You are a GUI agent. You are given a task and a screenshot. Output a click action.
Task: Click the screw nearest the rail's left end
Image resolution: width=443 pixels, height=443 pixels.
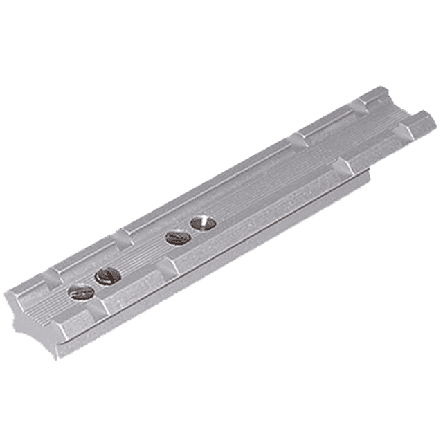tap(80, 293)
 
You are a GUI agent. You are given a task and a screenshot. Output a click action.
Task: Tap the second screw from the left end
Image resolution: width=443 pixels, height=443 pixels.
tap(108, 277)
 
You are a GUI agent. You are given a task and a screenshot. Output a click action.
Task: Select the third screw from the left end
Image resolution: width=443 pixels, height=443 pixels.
tap(178, 238)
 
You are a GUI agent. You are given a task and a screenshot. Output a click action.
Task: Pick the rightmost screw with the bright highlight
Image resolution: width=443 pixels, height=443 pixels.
tap(203, 223)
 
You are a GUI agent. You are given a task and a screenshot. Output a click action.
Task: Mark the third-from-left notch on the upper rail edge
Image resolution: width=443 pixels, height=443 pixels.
tap(296, 138)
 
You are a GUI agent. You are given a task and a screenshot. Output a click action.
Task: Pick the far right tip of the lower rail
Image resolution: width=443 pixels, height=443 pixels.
tap(435, 125)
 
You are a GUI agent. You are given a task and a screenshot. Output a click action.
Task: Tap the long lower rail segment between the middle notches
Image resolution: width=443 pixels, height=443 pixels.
tap(256, 218)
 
